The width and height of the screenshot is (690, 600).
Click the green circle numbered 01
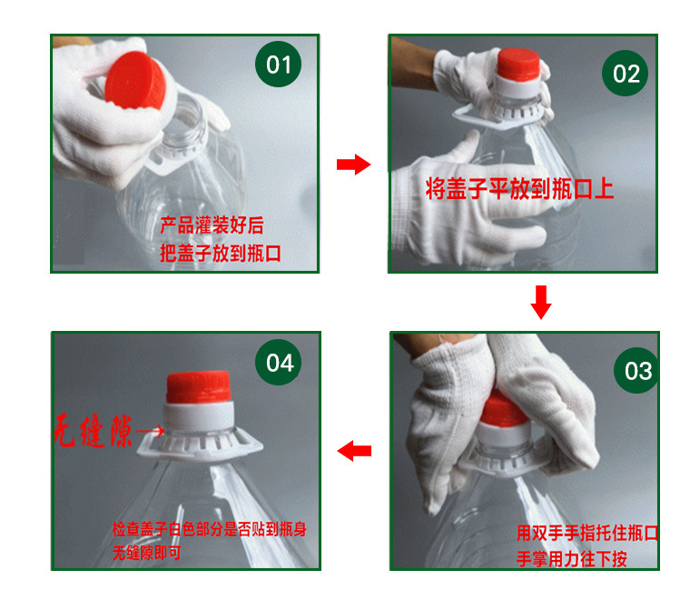pos(278,65)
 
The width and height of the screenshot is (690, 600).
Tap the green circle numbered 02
pos(625,73)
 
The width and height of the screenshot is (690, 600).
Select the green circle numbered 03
pos(636,371)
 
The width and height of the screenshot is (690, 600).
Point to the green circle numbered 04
pos(279,362)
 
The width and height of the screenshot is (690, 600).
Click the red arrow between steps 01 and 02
pos(353,165)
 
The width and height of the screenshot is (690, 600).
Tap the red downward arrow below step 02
pos(541,302)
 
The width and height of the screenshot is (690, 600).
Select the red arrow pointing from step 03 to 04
pos(354,451)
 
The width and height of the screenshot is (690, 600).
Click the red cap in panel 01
pos(135,81)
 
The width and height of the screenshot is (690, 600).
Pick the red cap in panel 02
pos(517,65)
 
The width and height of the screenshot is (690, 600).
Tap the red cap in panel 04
pos(199,387)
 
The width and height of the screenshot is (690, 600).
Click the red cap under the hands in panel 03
pos(503,409)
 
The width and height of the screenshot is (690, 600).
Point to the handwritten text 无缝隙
pos(93,431)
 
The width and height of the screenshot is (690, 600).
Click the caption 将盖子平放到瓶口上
pos(519,189)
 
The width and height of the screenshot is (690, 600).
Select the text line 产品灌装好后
pos(212,225)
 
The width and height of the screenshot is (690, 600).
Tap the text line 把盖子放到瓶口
pos(221,254)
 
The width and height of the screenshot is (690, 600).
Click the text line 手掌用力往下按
pos(572,558)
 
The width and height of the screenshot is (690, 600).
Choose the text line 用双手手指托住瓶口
pos(587,533)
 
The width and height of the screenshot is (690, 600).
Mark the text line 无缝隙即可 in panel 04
pos(146,553)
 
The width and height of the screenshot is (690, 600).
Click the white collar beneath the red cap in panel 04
pos(199,416)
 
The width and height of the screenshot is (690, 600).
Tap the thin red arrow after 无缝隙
pos(151,430)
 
